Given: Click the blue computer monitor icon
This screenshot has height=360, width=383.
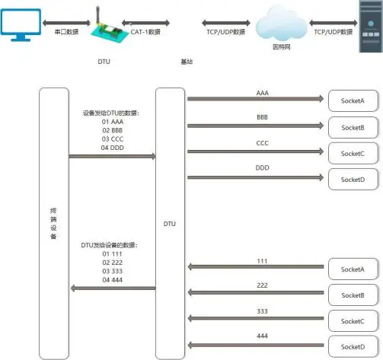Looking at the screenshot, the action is (x=21, y=25).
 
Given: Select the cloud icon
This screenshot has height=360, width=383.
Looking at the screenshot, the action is (x=281, y=24).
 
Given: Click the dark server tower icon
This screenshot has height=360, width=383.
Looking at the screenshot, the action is (x=371, y=27).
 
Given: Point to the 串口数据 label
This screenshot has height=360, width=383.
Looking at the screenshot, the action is (x=66, y=32).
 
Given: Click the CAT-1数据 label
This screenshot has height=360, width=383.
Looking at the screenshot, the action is (x=145, y=32).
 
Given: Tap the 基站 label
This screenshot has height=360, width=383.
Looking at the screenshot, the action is (x=187, y=62).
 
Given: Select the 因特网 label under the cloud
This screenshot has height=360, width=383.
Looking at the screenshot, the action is (x=282, y=47).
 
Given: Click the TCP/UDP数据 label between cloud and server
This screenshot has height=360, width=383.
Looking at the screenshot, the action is (x=334, y=32).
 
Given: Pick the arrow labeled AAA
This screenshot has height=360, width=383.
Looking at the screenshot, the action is (x=256, y=99).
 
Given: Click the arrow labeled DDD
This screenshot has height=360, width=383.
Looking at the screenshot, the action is (x=256, y=177).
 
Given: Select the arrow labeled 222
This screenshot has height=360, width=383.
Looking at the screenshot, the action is (x=256, y=292).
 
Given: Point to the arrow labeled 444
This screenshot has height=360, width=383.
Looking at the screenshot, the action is (x=256, y=345).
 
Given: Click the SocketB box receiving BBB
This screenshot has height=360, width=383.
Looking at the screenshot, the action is (x=353, y=128).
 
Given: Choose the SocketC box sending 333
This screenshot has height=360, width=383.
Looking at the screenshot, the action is (x=353, y=321).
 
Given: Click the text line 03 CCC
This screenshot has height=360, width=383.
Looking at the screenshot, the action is (x=113, y=139).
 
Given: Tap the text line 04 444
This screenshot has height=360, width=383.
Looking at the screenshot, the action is (x=113, y=280).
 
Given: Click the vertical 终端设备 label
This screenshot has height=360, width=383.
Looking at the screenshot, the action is (x=53, y=224).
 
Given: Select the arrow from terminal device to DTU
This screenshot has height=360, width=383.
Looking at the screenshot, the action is (x=113, y=156).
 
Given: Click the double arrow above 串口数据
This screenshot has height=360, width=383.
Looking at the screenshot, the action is (x=66, y=23).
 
